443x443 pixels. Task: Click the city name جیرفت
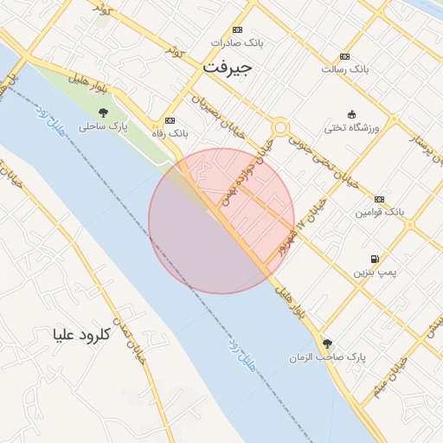[227, 67]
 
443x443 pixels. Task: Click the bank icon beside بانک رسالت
[345, 55]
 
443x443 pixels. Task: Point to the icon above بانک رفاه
[170, 120]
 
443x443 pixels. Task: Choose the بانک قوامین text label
[379, 212]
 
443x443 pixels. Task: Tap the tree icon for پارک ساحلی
[104, 112]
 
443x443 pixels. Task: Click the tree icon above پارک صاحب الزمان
[327, 343]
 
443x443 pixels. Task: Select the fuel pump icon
[374, 259]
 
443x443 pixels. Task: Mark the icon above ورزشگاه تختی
[350, 114]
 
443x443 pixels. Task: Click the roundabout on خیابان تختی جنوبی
[279, 127]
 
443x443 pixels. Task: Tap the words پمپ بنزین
[373, 273]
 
